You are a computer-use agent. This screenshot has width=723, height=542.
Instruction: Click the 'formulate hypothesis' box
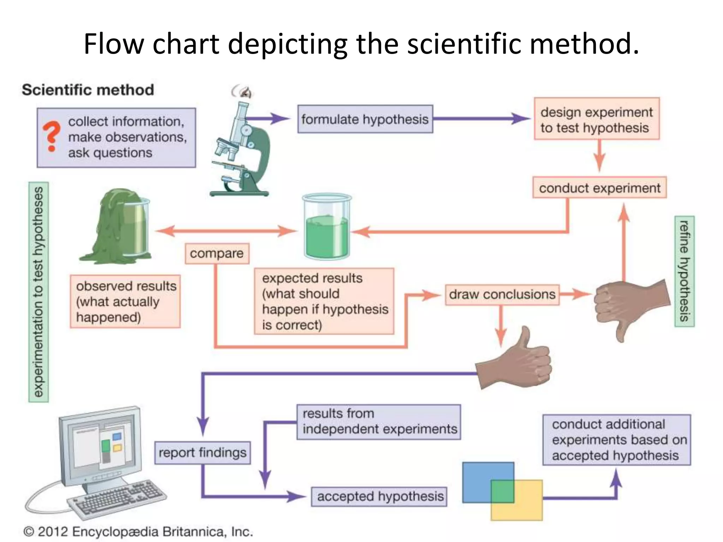tap(365, 119)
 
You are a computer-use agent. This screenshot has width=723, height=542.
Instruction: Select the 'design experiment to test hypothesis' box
tap(596, 119)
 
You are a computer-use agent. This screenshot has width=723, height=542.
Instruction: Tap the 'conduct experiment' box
tap(599, 188)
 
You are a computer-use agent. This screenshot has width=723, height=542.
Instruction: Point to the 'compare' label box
tap(217, 253)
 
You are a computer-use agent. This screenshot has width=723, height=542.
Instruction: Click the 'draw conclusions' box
tap(502, 294)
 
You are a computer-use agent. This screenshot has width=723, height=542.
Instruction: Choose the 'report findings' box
tap(202, 453)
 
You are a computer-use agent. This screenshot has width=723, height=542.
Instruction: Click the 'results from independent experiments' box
tap(379, 422)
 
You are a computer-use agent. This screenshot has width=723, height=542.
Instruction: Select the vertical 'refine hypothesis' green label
tap(684, 271)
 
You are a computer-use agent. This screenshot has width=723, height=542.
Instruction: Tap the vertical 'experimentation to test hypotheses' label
tap(38, 292)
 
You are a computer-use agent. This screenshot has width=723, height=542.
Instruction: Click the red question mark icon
tap(52, 136)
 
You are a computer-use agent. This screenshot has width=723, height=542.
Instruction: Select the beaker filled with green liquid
tap(327, 228)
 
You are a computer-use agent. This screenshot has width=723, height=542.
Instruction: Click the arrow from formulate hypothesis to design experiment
tap(482, 119)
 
